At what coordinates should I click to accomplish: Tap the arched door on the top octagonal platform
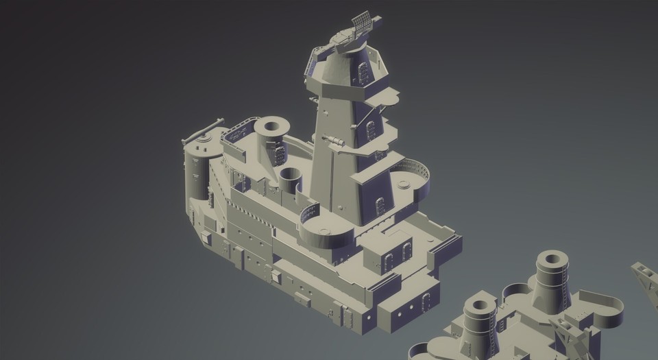pyautogui.click(x=363, y=71)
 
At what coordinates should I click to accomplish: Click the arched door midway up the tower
pyautogui.click(x=370, y=130)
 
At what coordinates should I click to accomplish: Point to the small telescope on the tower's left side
pyautogui.click(x=334, y=141)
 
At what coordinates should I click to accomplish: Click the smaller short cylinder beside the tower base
pyautogui.click(x=291, y=179)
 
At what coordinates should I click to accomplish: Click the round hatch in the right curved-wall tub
pyautogui.click(x=404, y=184)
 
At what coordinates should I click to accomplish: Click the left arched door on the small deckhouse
pyautogui.click(x=388, y=261)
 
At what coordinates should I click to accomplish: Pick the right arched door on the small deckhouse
pyautogui.click(x=406, y=252)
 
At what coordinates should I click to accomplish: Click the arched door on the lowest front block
pyautogui.click(x=426, y=300)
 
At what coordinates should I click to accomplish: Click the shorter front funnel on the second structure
pyautogui.click(x=479, y=322)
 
